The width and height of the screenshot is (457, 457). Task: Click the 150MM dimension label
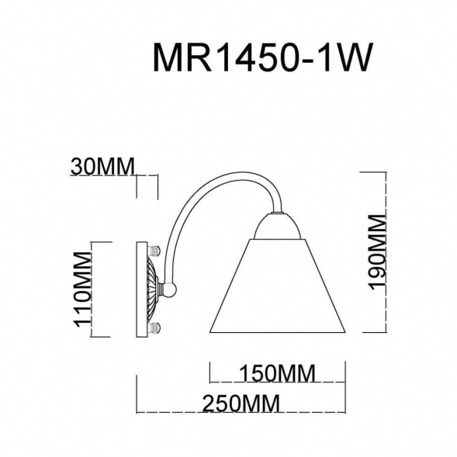tap(277, 373)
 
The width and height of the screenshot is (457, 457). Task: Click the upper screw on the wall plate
tap(155, 251)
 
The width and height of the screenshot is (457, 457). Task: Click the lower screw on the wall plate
tap(155, 327)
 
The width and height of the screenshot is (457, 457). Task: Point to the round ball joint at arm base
tap(171, 289)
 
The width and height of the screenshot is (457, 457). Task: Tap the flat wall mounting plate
tap(141, 289)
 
